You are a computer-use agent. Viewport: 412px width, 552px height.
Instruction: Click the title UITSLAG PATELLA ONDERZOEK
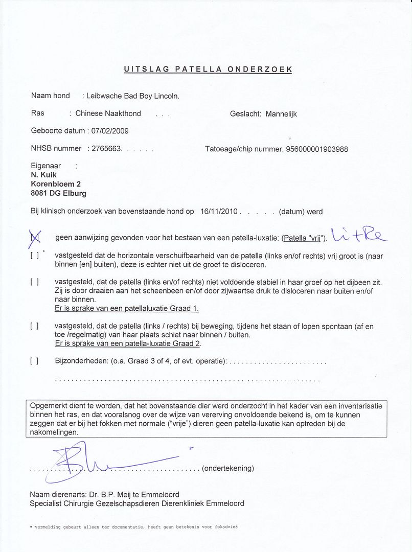(x=208, y=70)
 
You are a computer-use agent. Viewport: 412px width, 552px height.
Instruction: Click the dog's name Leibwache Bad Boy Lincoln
(x=133, y=96)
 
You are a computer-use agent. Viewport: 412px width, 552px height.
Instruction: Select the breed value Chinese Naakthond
(x=108, y=113)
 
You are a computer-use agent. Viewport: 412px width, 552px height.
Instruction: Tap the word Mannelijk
(x=281, y=114)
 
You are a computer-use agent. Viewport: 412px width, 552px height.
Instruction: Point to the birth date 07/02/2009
(x=109, y=131)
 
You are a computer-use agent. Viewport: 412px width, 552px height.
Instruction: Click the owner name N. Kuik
(x=44, y=175)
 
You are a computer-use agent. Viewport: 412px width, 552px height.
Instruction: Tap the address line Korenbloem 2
(x=56, y=184)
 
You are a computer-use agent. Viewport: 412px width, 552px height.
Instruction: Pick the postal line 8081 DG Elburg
(x=59, y=193)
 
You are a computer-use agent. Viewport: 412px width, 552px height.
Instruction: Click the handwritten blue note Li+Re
(x=358, y=235)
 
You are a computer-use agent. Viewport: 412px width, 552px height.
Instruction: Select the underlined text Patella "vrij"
(x=304, y=239)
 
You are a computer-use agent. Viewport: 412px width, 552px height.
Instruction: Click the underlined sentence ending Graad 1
(x=127, y=308)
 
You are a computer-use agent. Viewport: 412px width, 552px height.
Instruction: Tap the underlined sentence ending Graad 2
(x=128, y=343)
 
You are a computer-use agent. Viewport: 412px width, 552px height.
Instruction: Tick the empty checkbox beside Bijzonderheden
(x=34, y=361)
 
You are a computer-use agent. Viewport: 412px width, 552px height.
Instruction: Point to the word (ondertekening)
(x=228, y=468)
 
